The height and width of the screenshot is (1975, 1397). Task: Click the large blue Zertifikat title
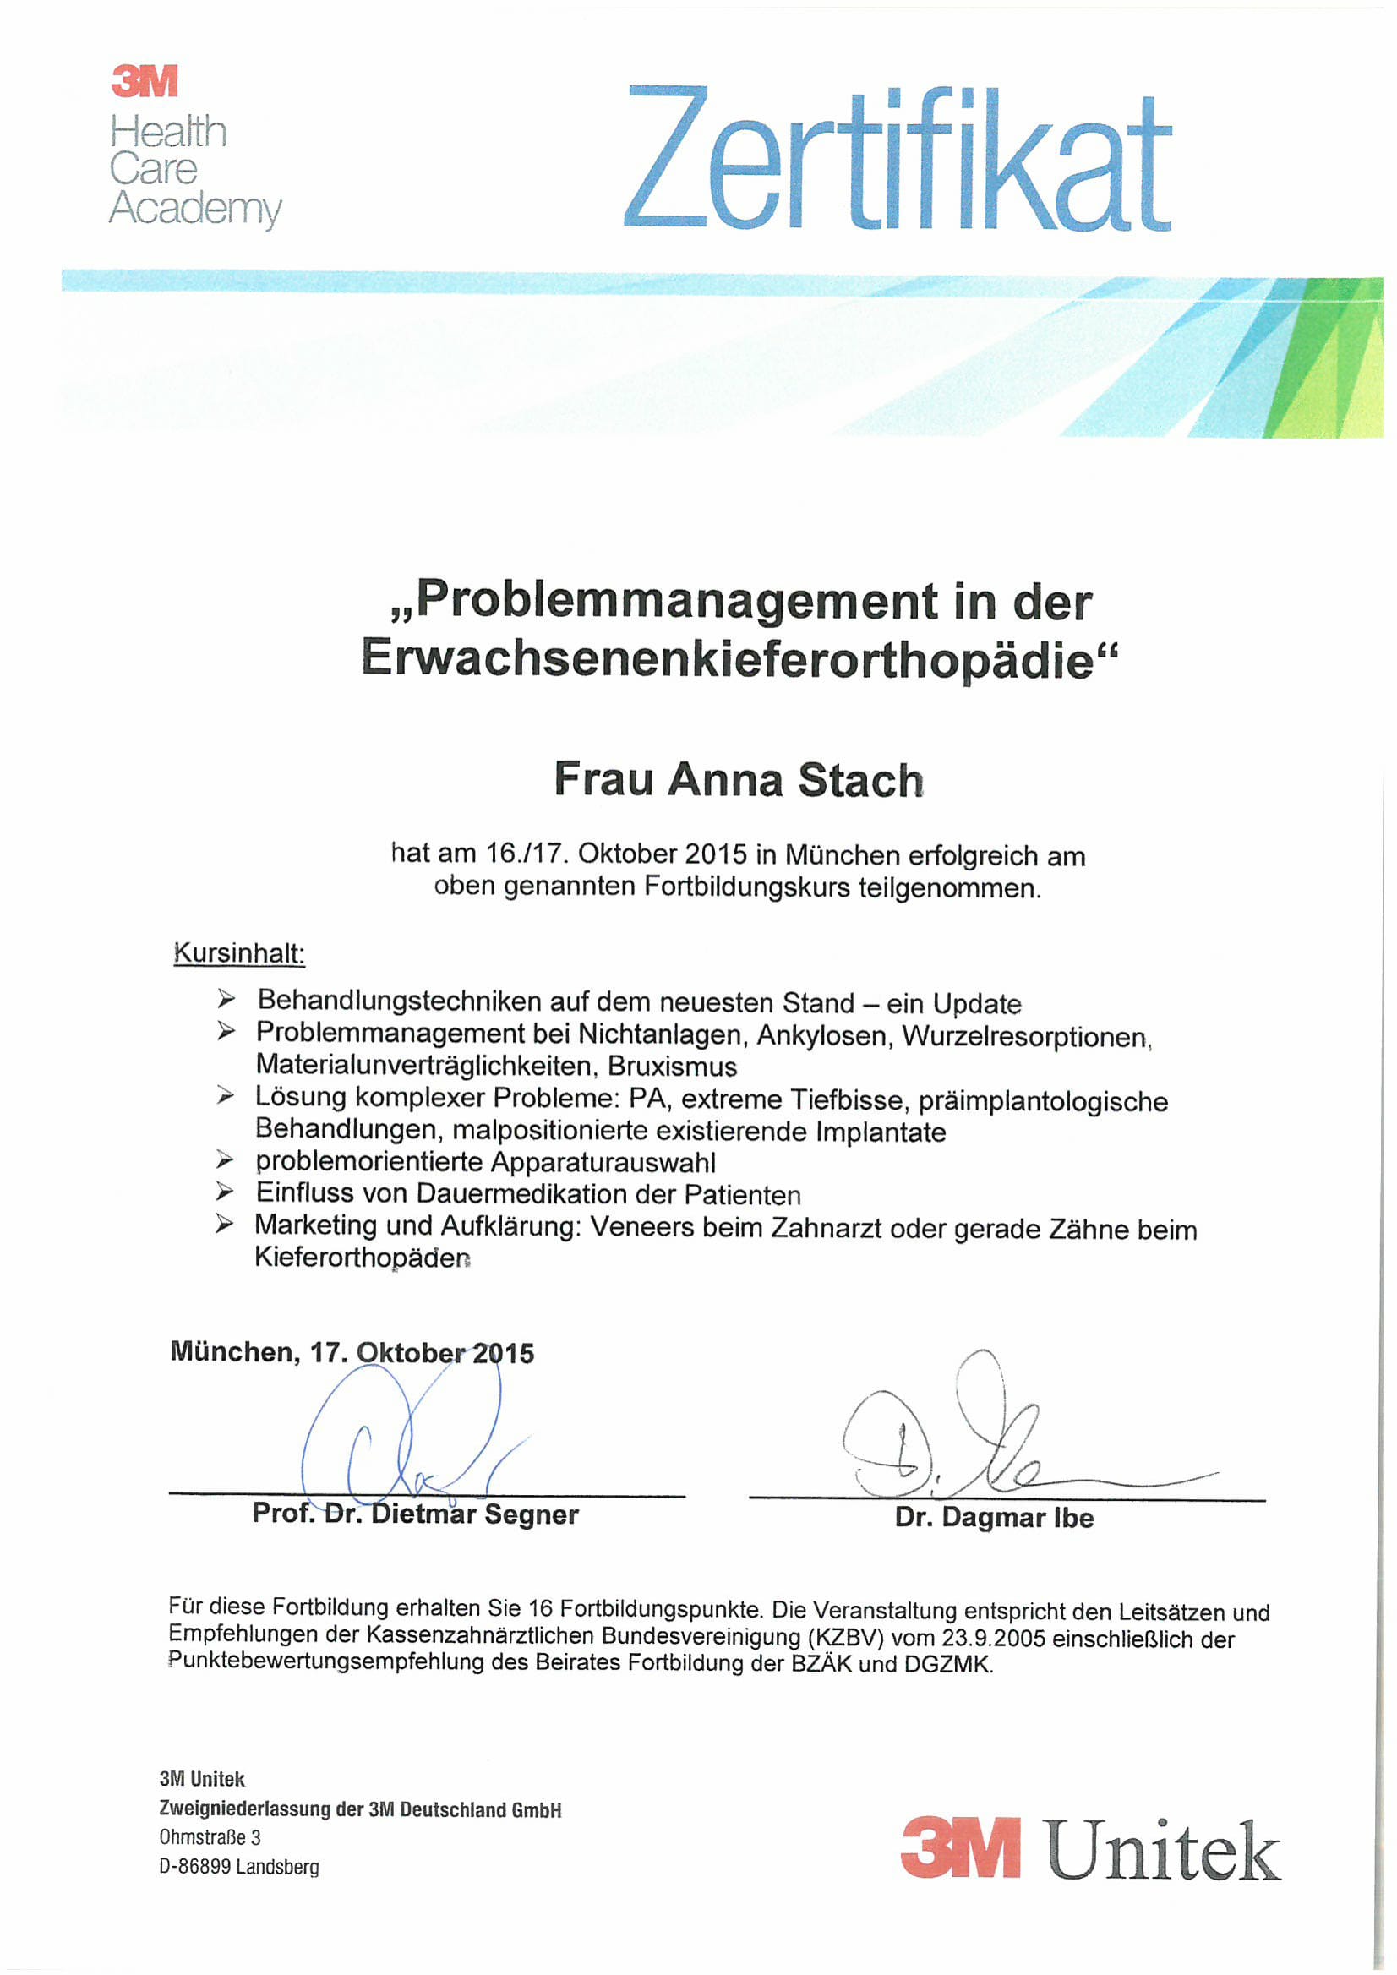point(897,159)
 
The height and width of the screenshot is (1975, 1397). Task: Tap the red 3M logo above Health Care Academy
point(145,82)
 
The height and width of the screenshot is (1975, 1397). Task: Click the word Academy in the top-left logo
point(194,209)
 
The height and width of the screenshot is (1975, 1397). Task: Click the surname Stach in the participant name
point(860,780)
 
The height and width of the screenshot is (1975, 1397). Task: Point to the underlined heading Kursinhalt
point(239,954)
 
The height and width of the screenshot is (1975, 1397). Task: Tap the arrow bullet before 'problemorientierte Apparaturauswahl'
point(226,1161)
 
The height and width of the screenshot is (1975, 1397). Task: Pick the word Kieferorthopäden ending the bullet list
point(363,1258)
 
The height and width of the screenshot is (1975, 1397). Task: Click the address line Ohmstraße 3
point(210,1838)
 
